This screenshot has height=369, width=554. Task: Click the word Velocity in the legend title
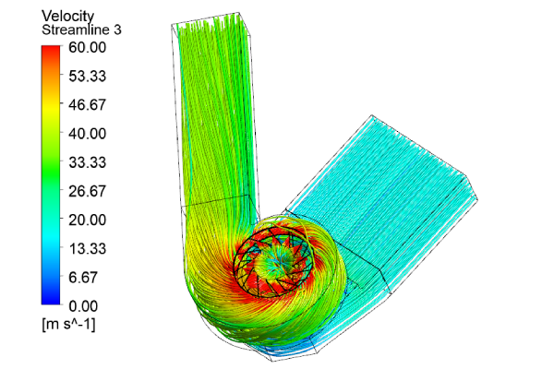coord(69,16)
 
